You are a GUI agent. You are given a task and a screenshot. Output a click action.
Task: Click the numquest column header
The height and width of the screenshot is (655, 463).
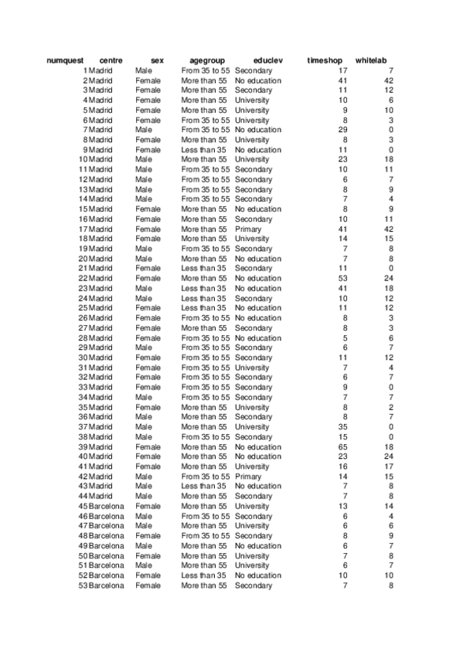pos(65,60)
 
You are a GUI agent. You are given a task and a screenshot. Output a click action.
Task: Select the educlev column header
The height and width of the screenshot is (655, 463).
pos(268,60)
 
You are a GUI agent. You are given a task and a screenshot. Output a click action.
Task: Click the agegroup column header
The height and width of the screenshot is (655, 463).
pos(207,60)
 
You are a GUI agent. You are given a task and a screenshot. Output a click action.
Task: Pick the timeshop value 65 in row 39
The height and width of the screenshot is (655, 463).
pos(343,447)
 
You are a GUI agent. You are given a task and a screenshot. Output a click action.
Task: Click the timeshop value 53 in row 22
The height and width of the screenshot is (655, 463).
pos(343,279)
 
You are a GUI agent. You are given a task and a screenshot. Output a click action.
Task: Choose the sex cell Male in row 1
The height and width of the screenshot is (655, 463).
pos(144,71)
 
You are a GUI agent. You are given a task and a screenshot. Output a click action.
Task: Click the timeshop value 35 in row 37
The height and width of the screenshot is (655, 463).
pos(343,427)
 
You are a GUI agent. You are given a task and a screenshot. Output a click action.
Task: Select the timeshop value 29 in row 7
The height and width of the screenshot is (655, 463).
pos(343,131)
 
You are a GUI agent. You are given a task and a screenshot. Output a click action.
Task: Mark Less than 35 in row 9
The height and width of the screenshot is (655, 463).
pos(204,150)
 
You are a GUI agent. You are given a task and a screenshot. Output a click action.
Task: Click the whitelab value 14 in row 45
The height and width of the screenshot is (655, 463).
pos(390,507)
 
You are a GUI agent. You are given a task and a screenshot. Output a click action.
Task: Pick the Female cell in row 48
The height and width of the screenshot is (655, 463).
pos(148,536)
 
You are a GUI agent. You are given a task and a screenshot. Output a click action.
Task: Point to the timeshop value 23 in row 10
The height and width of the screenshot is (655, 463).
pos(343,160)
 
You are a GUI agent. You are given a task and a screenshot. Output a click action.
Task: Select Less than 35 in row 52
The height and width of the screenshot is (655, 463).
pos(204,575)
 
